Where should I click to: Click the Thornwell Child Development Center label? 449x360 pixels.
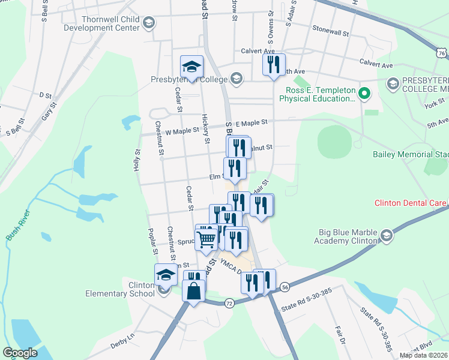(101, 23)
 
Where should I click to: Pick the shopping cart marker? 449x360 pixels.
(206, 238)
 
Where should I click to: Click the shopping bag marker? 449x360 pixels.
(194, 292)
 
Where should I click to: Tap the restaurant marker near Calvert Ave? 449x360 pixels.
(274, 64)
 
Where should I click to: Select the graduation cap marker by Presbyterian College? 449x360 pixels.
(192, 66)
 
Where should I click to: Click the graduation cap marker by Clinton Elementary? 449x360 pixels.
(166, 275)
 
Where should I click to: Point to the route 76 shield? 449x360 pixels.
(442, 54)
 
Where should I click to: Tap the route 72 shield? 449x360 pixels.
(229, 304)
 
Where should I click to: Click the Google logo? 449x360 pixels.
(20, 353)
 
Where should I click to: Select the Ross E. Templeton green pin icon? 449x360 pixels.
(363, 93)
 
